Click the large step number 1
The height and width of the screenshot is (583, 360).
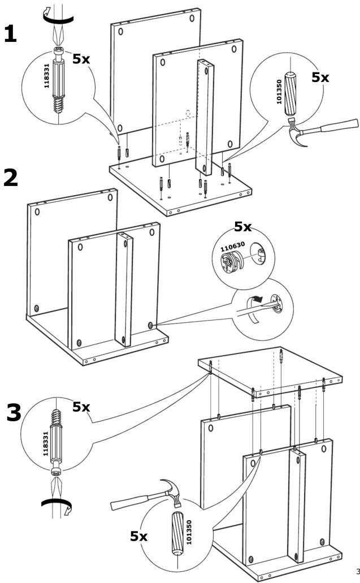(10, 34)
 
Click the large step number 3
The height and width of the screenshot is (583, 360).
(14, 412)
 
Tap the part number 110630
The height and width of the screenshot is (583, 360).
(233, 247)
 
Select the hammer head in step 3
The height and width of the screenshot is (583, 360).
(173, 490)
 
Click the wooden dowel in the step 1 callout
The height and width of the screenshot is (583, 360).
(290, 94)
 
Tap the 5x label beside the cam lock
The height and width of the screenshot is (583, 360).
(242, 226)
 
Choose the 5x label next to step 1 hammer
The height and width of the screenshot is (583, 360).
(320, 77)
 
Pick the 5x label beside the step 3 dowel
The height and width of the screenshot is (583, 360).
(138, 536)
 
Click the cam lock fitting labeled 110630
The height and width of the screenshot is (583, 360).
(232, 262)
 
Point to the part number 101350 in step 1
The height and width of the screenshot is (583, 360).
(279, 92)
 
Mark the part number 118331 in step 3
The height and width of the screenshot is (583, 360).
(46, 443)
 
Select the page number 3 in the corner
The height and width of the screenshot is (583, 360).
(358, 571)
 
